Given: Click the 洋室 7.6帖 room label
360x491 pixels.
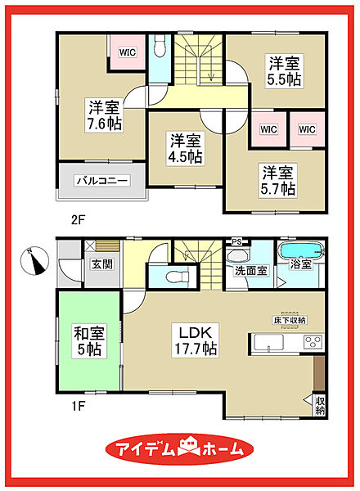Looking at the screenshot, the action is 105,115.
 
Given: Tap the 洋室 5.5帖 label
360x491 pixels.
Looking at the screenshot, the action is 284,71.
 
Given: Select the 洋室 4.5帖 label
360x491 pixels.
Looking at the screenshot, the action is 185,148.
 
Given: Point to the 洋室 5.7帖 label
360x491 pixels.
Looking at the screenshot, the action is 277,181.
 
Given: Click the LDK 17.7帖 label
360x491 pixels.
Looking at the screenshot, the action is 196,340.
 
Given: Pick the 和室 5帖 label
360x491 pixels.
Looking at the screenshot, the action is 89,341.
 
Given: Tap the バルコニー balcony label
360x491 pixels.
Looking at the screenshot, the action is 102,181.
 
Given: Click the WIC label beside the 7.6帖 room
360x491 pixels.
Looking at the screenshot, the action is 128,52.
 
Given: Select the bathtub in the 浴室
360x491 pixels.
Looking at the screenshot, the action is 301,250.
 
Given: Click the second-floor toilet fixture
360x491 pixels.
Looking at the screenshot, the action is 160,46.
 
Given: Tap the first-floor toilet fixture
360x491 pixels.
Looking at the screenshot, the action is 178,277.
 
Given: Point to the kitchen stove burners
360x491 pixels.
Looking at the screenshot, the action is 313,342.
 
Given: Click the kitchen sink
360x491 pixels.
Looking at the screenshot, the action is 268,342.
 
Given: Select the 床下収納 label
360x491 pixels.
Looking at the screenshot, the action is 290,320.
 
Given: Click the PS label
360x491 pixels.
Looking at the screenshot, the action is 237,241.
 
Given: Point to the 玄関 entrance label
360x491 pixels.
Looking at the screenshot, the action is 102,264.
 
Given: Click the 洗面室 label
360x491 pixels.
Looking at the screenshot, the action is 251,271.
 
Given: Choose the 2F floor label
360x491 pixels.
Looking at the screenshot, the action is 78,220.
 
